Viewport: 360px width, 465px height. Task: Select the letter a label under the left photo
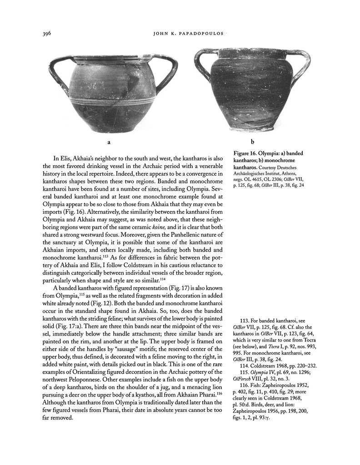tap(109, 142)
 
